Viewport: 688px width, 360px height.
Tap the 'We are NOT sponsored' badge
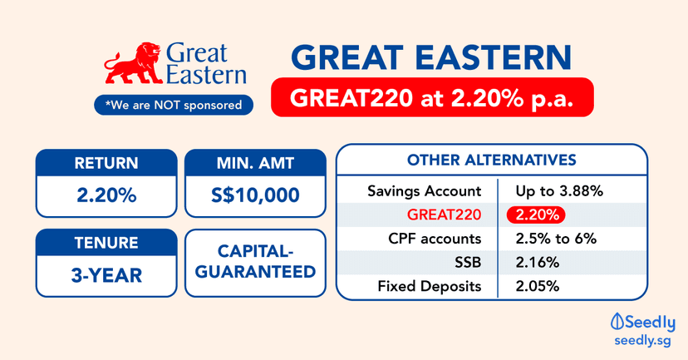tap(174, 105)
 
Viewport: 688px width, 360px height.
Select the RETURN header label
tap(106, 163)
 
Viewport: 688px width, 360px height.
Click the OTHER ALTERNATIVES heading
tap(490, 160)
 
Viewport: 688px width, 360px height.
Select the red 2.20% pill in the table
tap(535, 215)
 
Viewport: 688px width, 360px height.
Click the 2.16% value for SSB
tap(537, 262)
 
